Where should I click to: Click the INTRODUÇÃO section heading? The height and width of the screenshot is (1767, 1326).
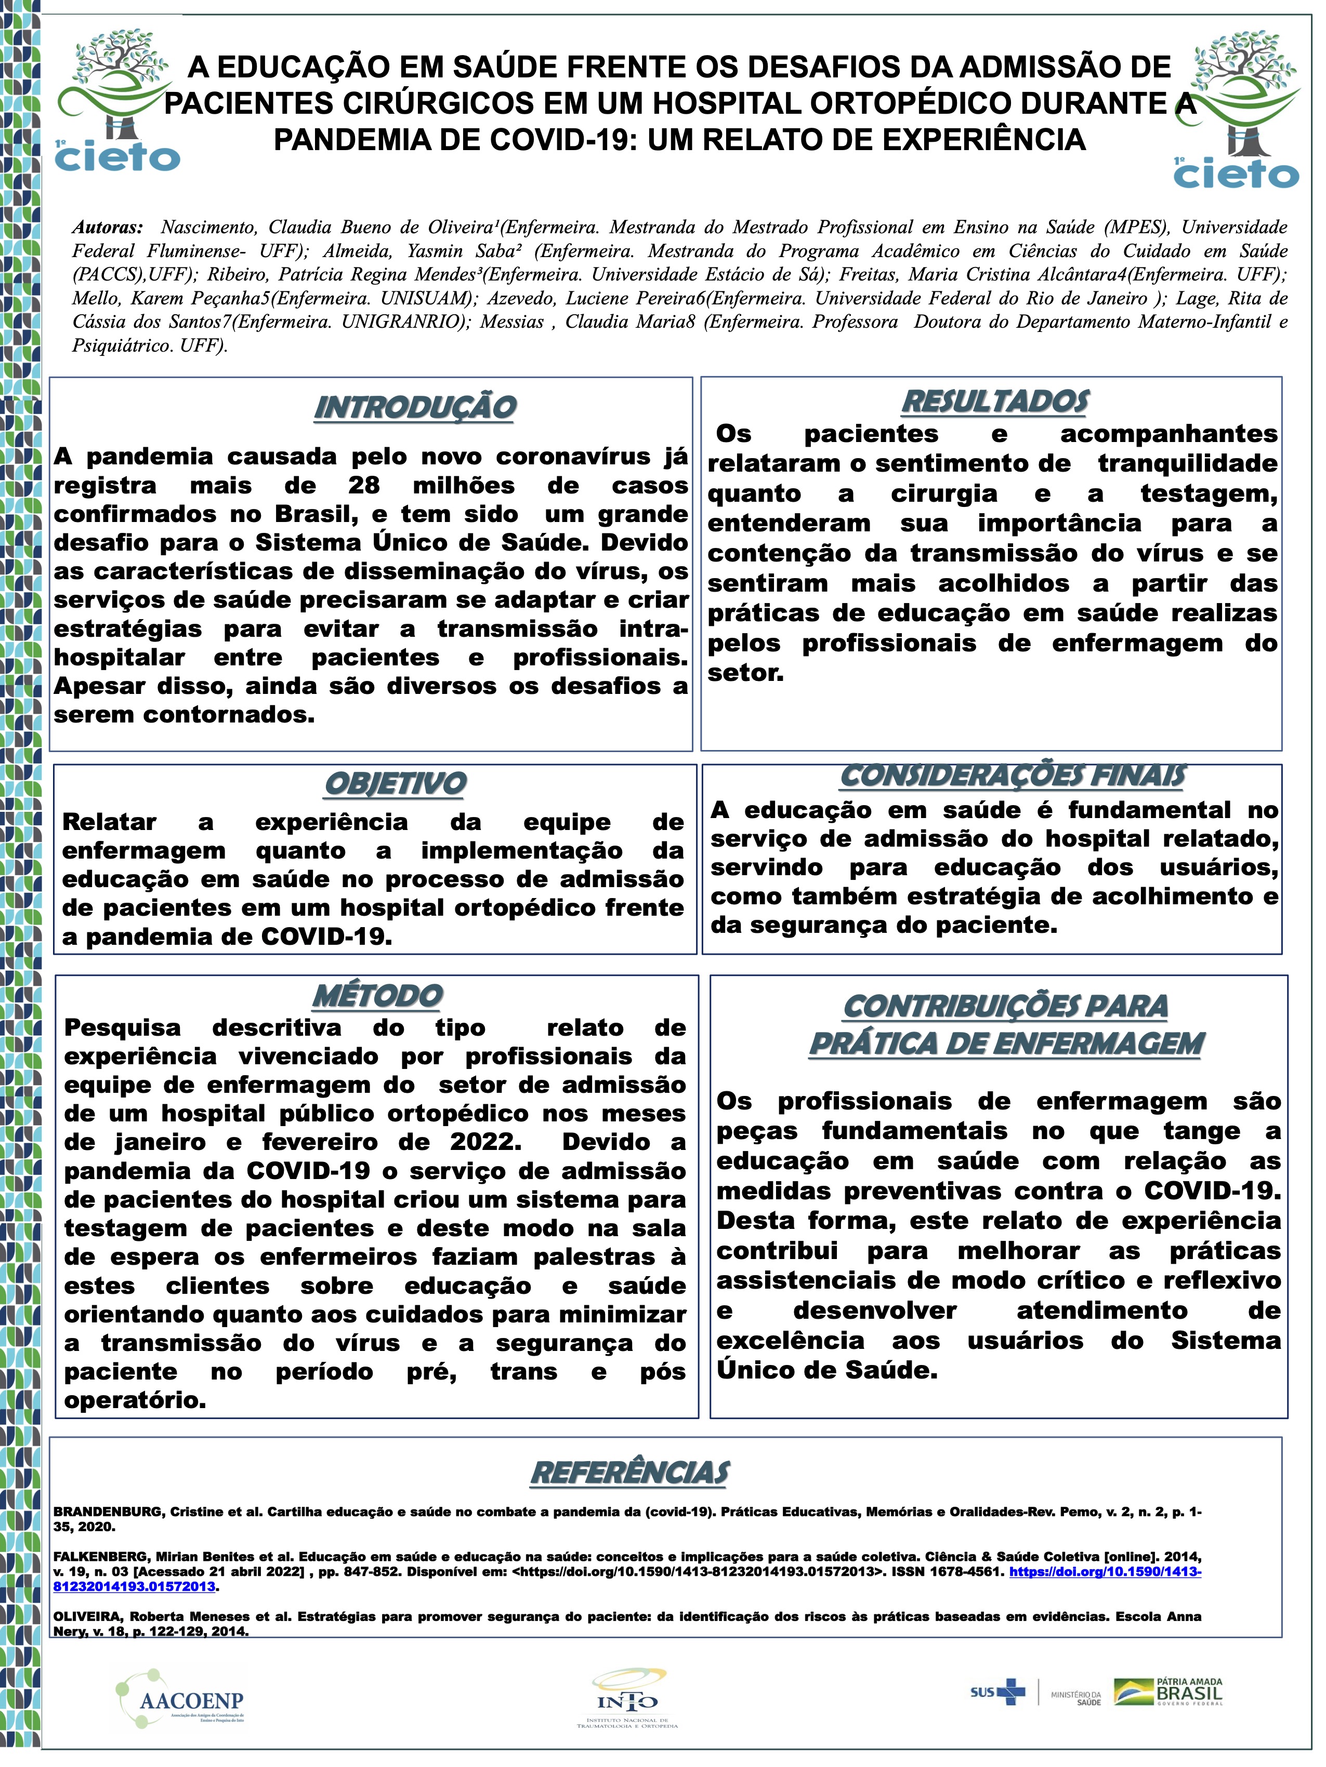point(414,407)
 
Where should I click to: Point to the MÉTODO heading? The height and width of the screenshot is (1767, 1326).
point(377,996)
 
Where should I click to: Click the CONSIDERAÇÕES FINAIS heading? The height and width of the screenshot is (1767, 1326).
point(1013,775)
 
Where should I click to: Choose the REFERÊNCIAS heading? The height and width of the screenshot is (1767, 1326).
point(630,1472)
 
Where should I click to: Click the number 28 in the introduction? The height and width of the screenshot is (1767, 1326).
point(364,486)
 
